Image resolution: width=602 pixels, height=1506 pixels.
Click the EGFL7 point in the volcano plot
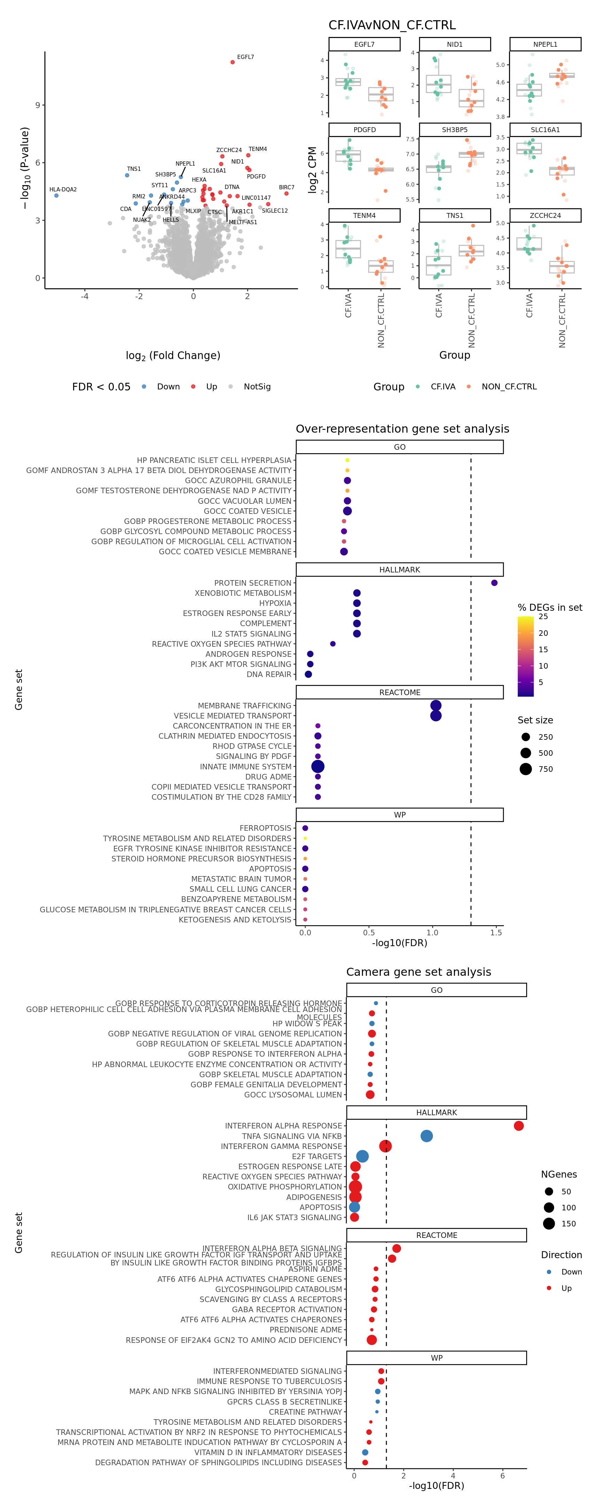(233, 62)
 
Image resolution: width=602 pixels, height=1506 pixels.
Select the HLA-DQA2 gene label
(63, 189)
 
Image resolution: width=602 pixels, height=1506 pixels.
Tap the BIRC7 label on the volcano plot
(286, 188)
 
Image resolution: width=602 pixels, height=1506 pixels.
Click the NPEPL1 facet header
(545, 44)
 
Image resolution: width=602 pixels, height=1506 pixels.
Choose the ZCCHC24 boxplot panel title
(545, 216)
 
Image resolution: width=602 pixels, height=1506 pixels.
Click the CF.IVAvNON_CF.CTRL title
(392, 25)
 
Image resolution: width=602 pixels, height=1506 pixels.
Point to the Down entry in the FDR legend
(168, 387)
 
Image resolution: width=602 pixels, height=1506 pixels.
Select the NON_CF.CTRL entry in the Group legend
(509, 387)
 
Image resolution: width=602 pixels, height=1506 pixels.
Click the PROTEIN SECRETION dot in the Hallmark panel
(494, 583)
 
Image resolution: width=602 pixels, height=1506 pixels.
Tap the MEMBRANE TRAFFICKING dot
(435, 706)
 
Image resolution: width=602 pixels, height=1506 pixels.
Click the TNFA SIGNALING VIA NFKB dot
(427, 1136)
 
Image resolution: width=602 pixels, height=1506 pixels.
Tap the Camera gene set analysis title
(418, 972)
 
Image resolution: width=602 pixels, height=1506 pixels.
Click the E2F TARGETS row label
(317, 1156)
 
